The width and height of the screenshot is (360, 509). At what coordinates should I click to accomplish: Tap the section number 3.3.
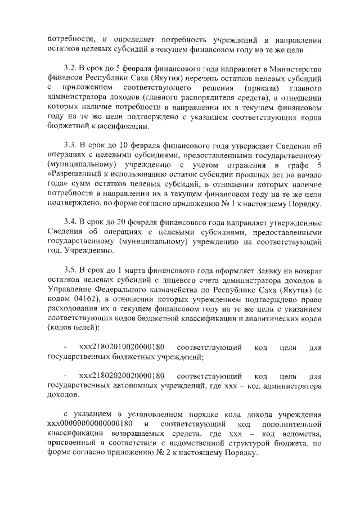pyautogui.click(x=72, y=142)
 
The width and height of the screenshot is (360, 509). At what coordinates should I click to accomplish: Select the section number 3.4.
pyautogui.click(x=72, y=219)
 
